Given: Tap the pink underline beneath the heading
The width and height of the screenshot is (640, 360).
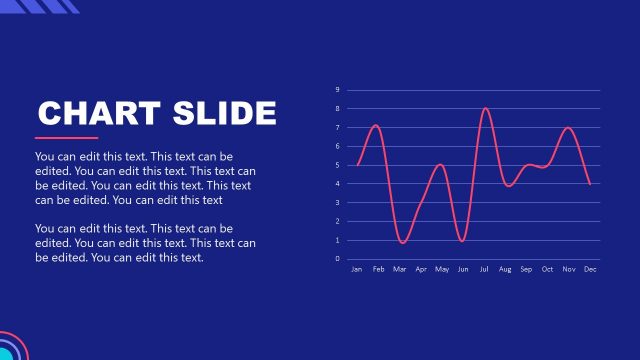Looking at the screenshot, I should (x=66, y=138).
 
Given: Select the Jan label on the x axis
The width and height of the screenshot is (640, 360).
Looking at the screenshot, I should (x=357, y=269).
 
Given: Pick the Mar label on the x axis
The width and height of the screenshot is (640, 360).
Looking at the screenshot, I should (x=399, y=269).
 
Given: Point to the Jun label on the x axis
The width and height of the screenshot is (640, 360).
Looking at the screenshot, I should (x=462, y=269).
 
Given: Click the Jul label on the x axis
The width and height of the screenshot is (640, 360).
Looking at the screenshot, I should (x=484, y=269).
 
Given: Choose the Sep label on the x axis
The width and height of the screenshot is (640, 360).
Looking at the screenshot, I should (x=526, y=269).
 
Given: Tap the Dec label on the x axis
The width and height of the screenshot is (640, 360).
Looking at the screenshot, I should (x=590, y=269).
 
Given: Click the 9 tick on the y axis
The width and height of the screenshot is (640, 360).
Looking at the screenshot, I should (x=338, y=90).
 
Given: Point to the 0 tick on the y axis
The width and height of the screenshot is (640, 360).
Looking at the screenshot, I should (x=338, y=259).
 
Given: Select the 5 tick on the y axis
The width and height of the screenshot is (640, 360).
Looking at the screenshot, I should (x=338, y=165).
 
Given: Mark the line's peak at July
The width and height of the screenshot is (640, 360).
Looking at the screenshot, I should (x=485, y=108).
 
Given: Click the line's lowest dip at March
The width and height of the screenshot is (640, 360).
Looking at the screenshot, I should (x=402, y=243).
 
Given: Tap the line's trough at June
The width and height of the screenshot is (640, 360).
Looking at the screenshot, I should (x=462, y=241).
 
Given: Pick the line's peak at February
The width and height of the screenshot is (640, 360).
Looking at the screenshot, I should (x=376, y=125).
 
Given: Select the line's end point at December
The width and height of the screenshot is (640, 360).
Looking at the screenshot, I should (x=590, y=184).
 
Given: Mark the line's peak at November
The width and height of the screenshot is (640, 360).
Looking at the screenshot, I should (x=568, y=128).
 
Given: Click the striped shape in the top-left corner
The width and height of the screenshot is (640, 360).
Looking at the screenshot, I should (x=50, y=6).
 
